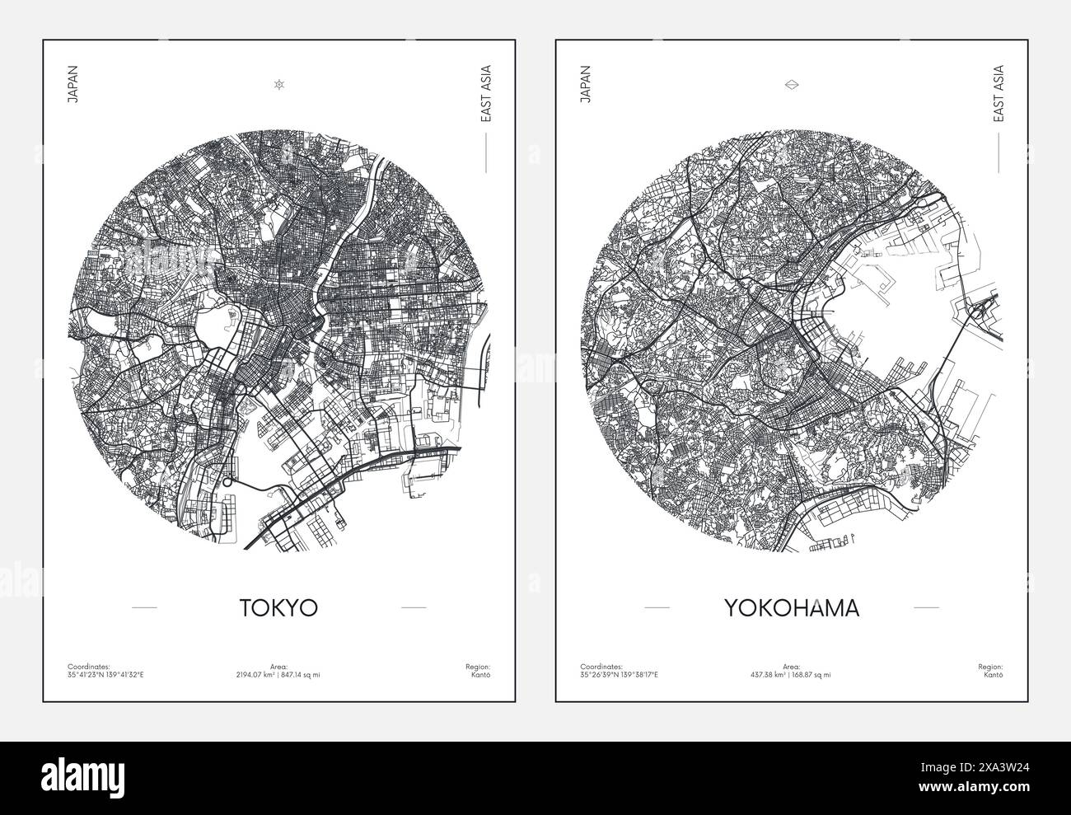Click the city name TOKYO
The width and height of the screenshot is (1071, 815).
(x=278, y=607)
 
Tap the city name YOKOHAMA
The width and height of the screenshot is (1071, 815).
(x=791, y=608)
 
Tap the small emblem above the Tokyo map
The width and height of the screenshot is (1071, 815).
(x=279, y=84)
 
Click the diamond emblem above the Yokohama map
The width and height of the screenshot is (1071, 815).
(x=792, y=84)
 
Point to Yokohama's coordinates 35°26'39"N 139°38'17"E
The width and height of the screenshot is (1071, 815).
(x=620, y=674)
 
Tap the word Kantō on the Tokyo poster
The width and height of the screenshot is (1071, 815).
(x=482, y=674)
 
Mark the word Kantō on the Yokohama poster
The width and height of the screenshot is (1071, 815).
(x=994, y=674)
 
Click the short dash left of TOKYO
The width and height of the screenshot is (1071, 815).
(x=144, y=608)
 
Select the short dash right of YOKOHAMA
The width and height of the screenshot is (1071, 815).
(x=927, y=608)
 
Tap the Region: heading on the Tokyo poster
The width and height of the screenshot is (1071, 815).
(x=479, y=666)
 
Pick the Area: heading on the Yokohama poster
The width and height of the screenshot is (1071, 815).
(x=791, y=666)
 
